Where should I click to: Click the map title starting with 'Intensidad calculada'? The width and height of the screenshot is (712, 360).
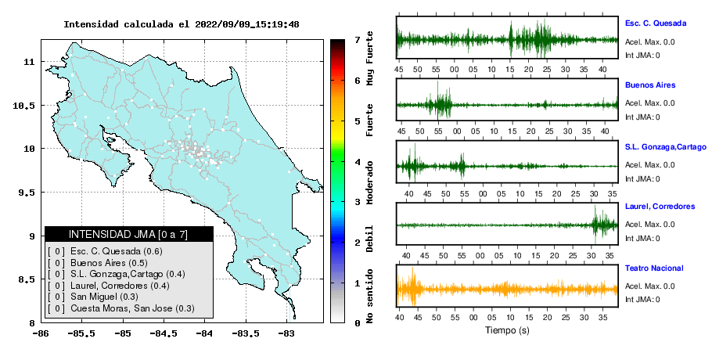tap(182, 24)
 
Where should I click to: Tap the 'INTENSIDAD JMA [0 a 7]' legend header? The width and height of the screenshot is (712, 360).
tap(128, 234)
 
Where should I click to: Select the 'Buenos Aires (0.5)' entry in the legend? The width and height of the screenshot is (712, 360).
tap(109, 263)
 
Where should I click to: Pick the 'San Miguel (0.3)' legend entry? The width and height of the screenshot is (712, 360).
tap(104, 297)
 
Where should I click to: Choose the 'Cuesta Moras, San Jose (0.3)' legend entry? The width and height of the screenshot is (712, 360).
tap(132, 308)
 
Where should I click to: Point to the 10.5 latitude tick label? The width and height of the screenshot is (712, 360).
tap(24, 106)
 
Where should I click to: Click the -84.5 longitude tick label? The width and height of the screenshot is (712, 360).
tap(163, 334)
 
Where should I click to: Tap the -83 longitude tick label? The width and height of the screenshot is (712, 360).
tap(286, 334)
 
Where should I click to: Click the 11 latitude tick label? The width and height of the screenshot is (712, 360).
tap(29, 62)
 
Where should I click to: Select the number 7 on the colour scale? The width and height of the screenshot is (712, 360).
tap(358, 40)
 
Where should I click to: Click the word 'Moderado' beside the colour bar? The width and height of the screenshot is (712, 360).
tap(369, 182)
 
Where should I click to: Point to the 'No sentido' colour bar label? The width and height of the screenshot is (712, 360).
tap(369, 297)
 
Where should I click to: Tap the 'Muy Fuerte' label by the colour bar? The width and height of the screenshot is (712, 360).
tap(369, 58)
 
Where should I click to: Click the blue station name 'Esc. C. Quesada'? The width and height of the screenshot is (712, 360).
tap(656, 23)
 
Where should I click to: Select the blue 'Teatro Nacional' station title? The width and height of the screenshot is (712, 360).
tap(654, 268)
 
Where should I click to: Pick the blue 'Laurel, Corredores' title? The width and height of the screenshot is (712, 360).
tap(660, 207)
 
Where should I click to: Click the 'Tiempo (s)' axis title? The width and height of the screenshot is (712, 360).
tap(507, 330)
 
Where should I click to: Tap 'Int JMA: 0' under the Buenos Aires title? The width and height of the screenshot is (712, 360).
tap(642, 117)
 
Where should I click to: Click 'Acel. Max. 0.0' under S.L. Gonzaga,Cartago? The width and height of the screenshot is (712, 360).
tap(649, 165)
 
